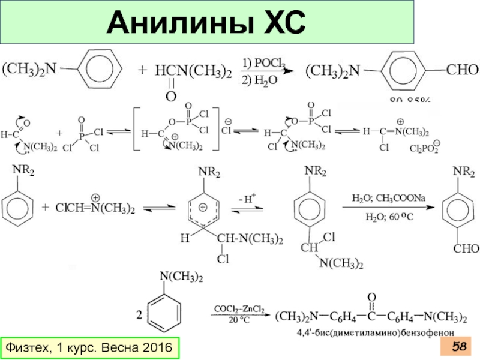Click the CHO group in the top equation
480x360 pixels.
(x=463, y=70)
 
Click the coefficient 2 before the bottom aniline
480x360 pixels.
(x=140, y=315)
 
